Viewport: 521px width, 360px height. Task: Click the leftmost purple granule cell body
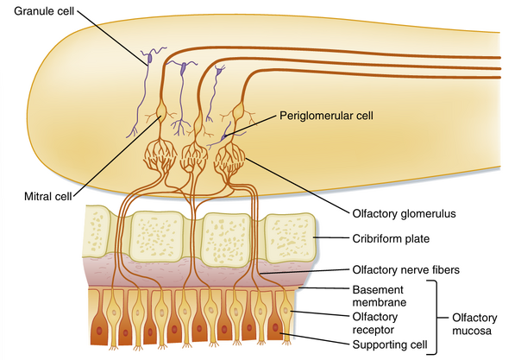coord(149,58)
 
